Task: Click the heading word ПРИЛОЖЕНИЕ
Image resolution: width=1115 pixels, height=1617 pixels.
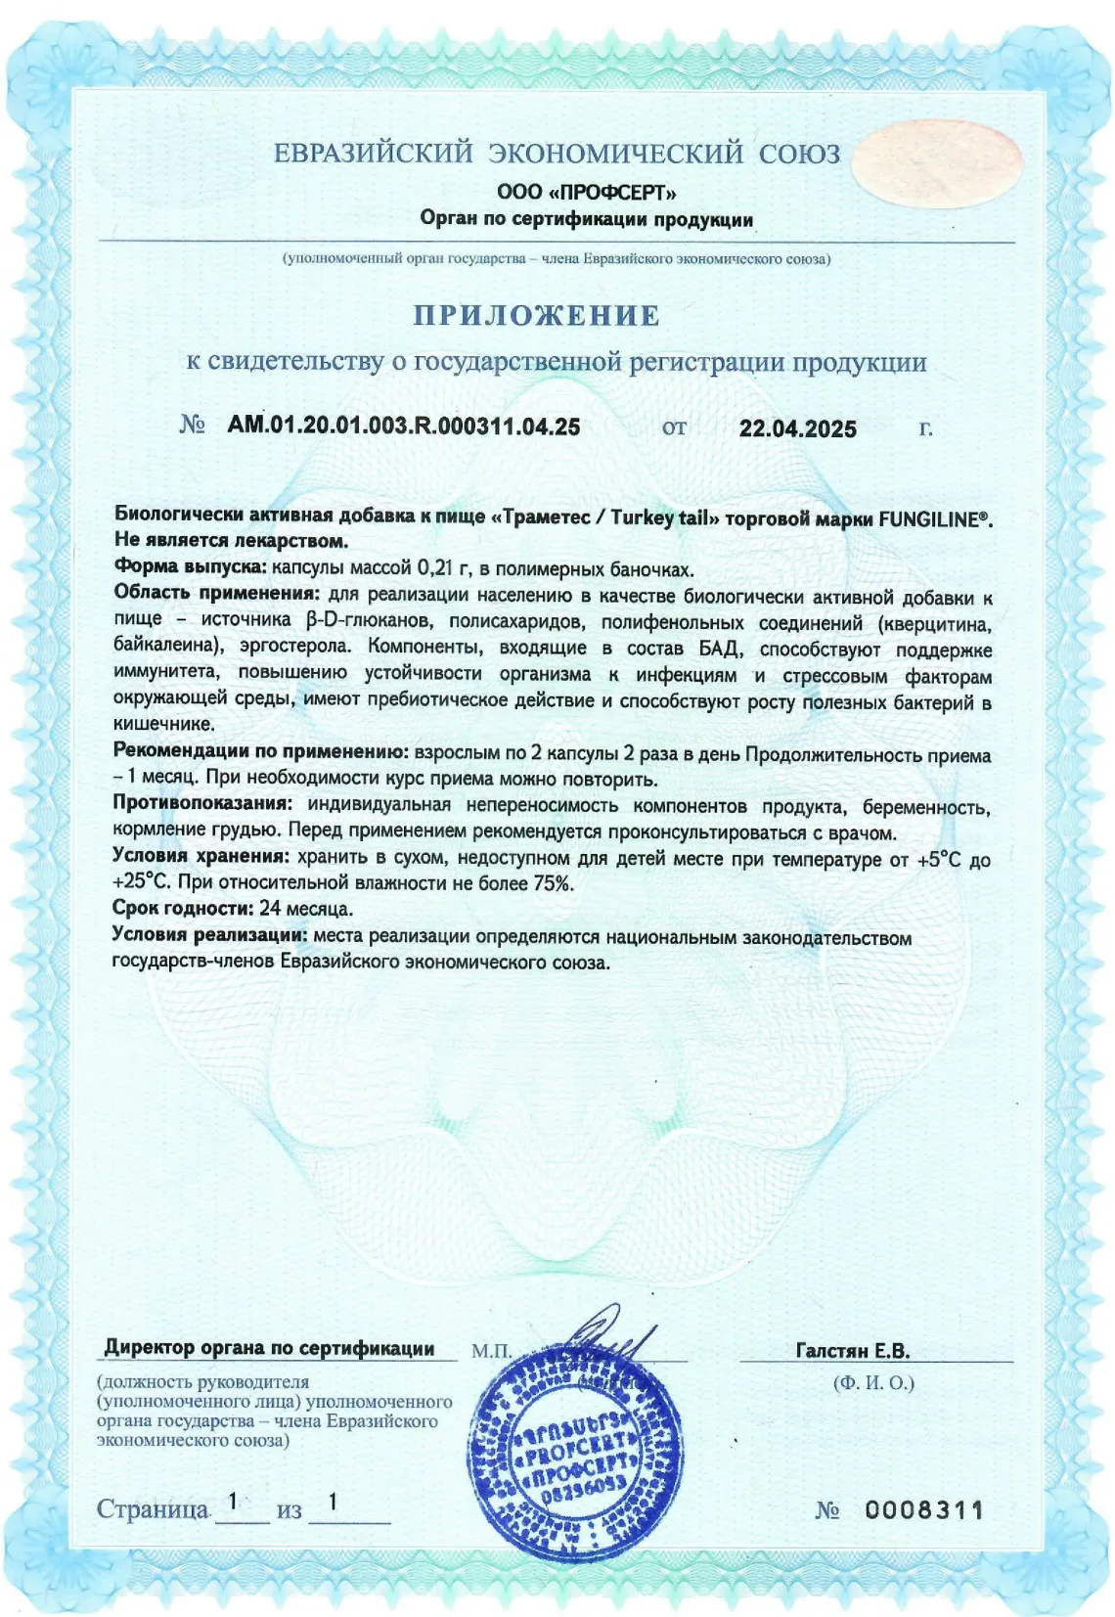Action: click(x=536, y=315)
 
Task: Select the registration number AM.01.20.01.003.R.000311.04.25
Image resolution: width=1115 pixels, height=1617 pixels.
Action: click(x=403, y=427)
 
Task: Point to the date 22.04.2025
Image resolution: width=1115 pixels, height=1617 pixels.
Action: click(x=797, y=428)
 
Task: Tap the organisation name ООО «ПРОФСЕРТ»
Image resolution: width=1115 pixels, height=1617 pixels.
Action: click(x=586, y=192)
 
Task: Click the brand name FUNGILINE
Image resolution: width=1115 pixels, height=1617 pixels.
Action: click(x=929, y=518)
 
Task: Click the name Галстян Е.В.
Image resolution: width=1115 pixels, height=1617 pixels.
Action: click(x=852, y=1351)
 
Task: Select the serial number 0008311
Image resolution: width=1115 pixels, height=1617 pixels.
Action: click(x=923, y=1509)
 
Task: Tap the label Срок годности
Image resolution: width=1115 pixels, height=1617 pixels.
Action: click(x=182, y=908)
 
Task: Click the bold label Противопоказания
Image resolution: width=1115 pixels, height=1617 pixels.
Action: click(x=202, y=804)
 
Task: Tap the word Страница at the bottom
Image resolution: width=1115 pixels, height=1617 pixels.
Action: click(x=153, y=1509)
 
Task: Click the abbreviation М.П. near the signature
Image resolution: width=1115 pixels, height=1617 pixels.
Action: click(x=491, y=1351)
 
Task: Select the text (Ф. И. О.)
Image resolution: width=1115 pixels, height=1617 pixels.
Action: click(x=873, y=1382)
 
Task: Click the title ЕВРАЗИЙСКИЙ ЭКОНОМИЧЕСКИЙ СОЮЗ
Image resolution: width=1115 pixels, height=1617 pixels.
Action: click(x=557, y=154)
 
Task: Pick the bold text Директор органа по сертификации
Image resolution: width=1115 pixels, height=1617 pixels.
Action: click(x=269, y=1348)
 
